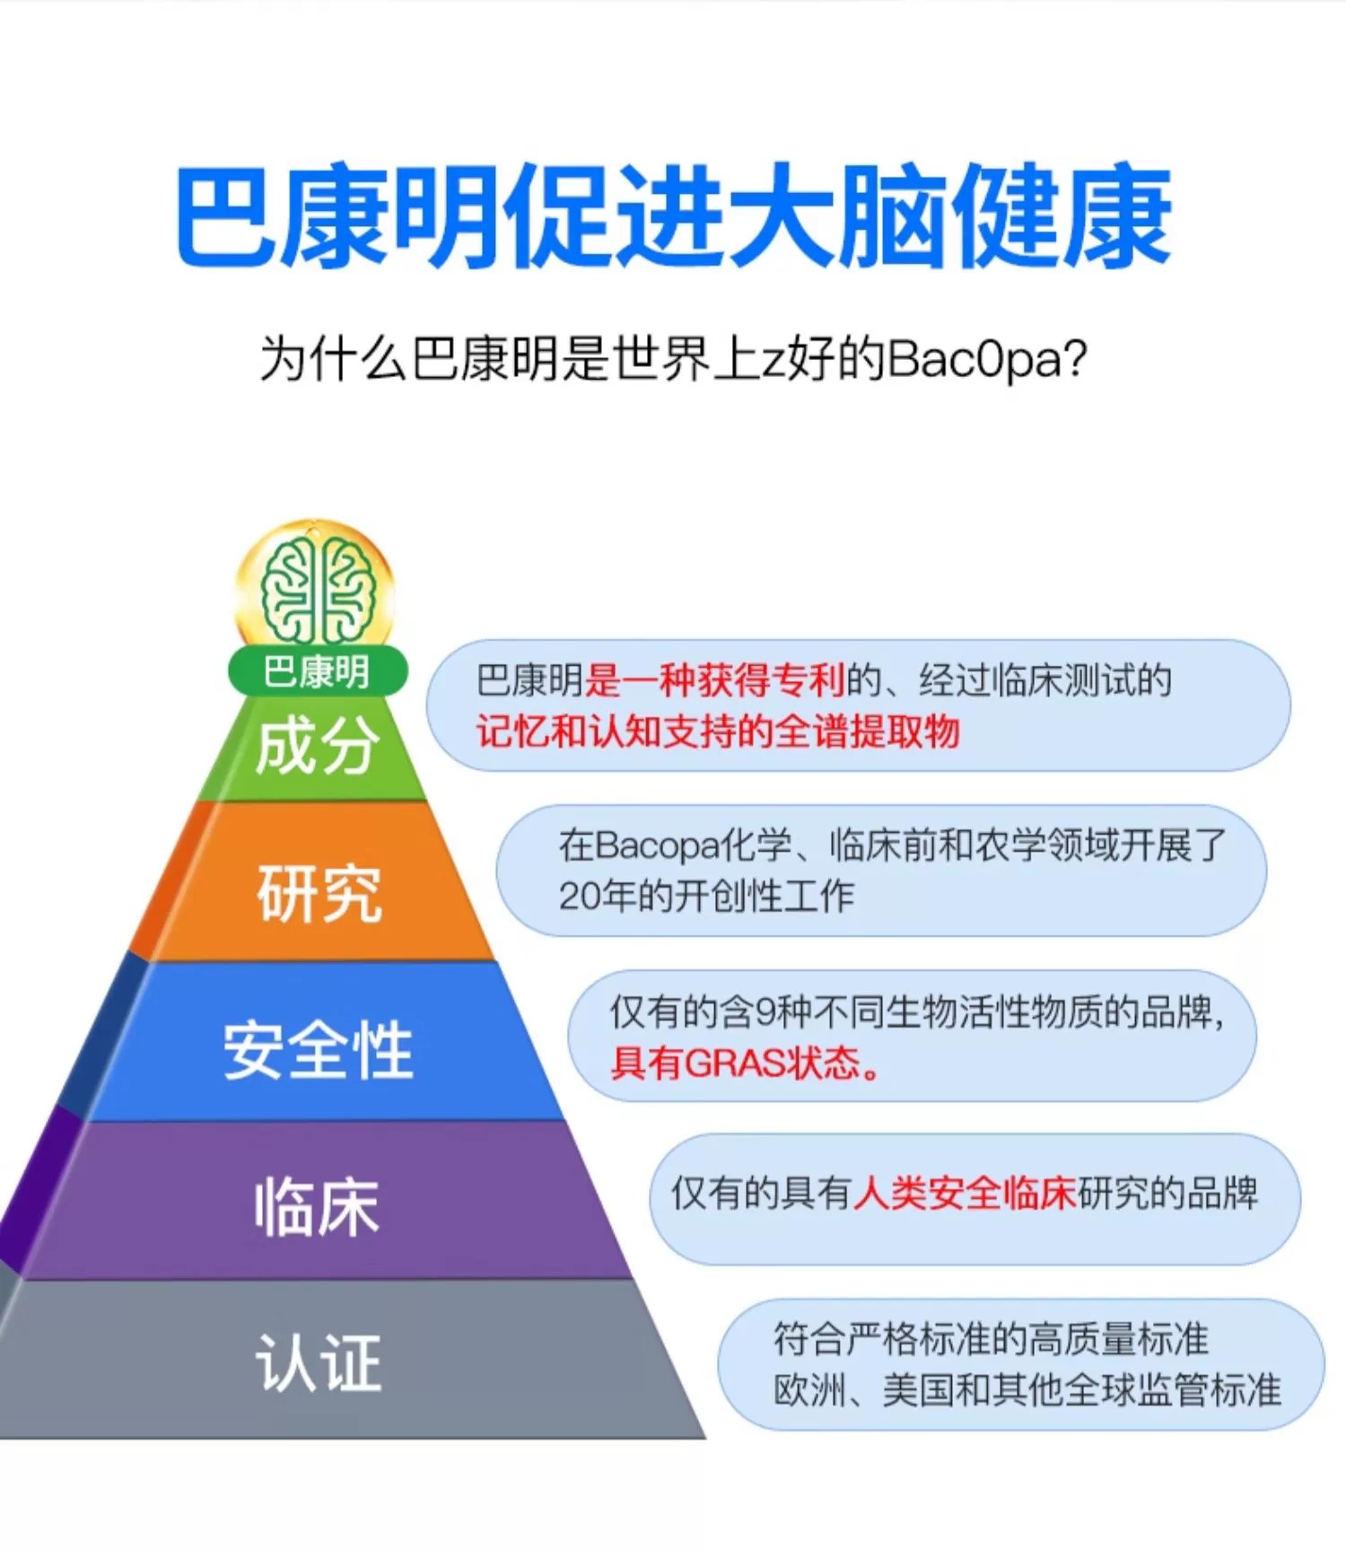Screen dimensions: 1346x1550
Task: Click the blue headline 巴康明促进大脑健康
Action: coord(673,217)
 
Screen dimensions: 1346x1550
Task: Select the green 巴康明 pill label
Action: coord(317,671)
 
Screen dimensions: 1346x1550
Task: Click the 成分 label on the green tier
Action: coord(314,747)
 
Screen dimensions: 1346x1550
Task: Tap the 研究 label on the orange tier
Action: coord(319,894)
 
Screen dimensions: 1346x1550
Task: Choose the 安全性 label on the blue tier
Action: coord(318,1050)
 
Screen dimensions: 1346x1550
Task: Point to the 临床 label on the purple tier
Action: coord(316,1207)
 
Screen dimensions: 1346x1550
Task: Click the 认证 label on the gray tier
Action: coord(319,1362)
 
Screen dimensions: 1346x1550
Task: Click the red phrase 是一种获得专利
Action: coord(714,680)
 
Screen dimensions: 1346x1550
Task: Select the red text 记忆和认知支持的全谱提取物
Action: coord(718,731)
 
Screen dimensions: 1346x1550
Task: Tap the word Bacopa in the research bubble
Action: coord(658,845)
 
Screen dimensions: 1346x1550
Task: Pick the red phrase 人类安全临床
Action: coord(965,1194)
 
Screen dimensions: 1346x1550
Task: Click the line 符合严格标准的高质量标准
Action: coord(991,1339)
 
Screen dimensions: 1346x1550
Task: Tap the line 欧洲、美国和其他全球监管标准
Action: coord(1027,1390)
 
